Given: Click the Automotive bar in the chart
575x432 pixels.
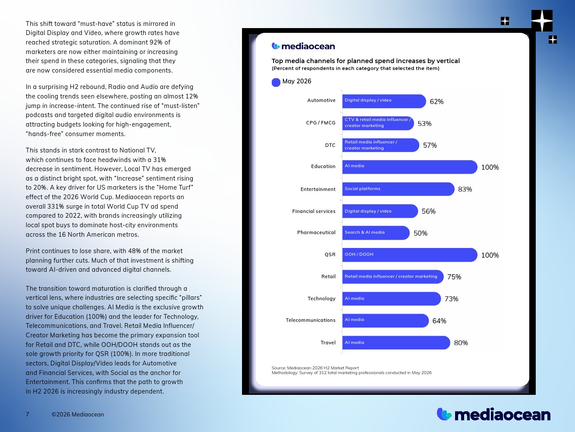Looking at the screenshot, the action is coord(384,101).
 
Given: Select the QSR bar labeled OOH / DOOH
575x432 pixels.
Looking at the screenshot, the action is coord(410,255).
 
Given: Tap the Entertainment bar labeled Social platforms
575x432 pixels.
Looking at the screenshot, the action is coord(398,189).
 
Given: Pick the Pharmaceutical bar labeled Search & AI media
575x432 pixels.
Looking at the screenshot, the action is coord(376,233).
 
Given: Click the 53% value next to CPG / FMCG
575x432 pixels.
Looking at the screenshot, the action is coord(424,124).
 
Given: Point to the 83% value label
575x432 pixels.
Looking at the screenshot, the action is coord(465,189).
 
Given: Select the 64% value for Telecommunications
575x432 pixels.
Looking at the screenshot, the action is coord(439,321).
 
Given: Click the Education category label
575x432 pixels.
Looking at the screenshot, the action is coord(323,166).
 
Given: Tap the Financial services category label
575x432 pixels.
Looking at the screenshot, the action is coord(314,211).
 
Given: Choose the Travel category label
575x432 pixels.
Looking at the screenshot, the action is coord(328,343).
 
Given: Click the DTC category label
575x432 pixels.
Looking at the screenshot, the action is coord(330,145).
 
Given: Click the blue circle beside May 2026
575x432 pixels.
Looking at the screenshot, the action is coord(276,83).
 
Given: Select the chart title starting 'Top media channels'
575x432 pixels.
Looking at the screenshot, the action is coord(365,61).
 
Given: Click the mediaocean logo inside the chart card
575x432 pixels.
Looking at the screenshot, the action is coord(303,46).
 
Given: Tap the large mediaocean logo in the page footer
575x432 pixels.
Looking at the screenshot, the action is coord(493,414).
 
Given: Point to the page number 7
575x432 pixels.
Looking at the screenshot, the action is coord(27,414).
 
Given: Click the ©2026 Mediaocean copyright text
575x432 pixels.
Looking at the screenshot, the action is coord(78,414).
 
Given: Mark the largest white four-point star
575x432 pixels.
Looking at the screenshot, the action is coord(542,20).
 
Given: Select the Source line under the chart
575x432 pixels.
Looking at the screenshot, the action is coord(315,368).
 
